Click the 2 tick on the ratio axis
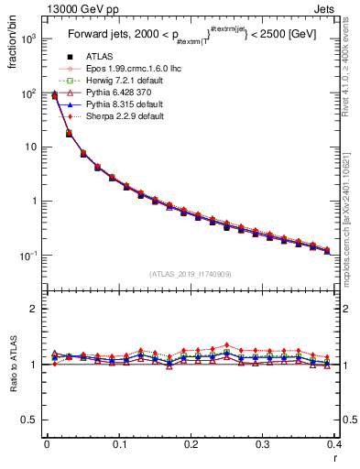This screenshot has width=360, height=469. [38, 309]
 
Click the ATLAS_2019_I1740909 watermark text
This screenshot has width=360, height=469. [191, 274]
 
